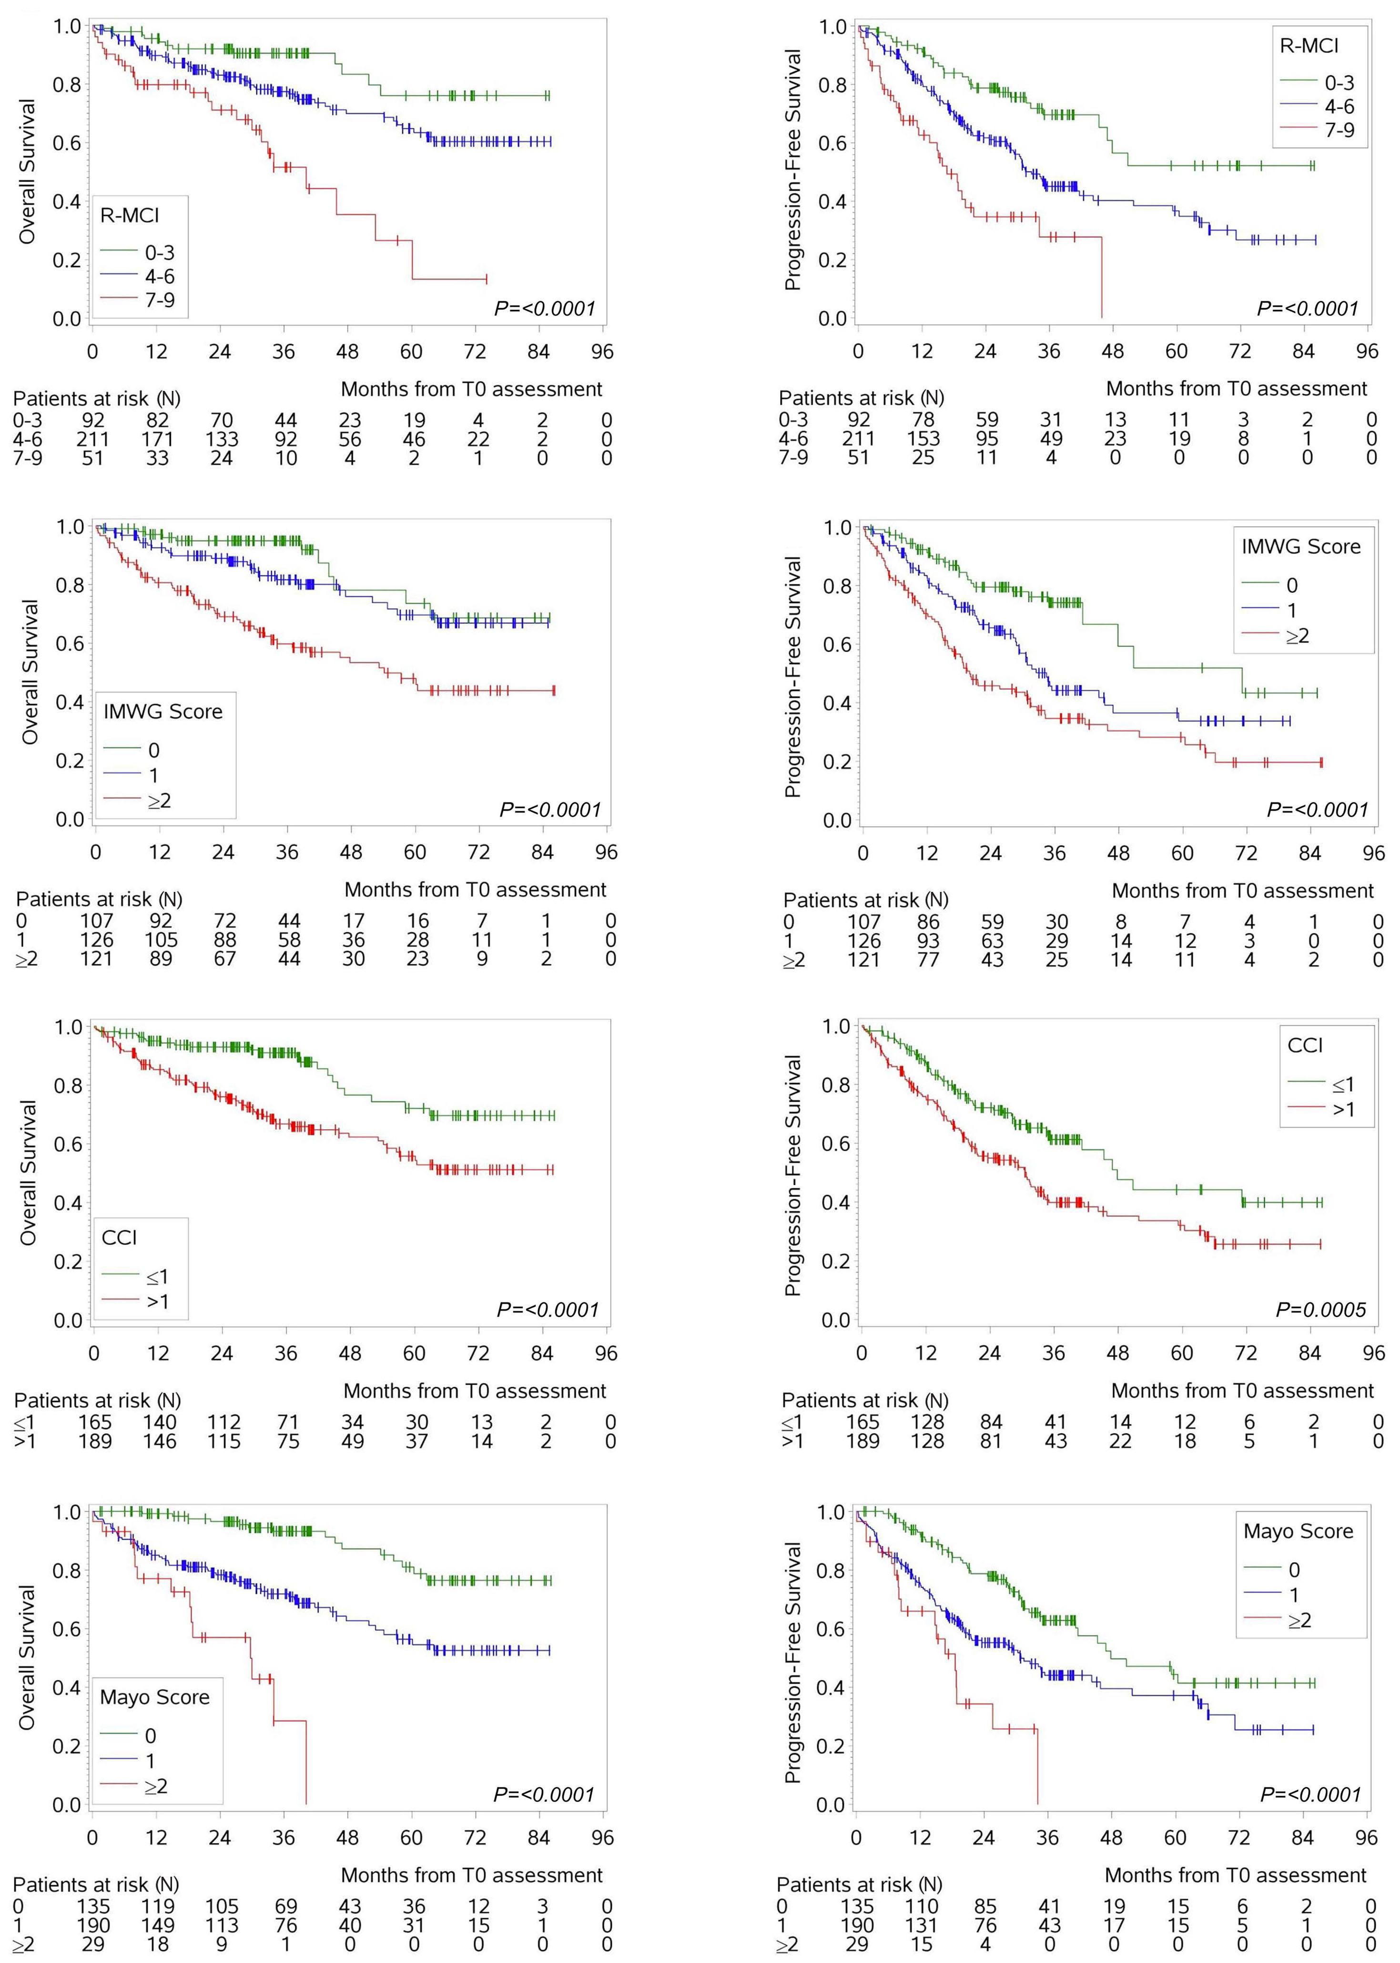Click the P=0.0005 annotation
[x=1321, y=1310]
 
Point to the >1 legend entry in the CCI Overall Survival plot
[x=157, y=1301]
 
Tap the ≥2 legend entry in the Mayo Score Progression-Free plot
[x=1299, y=1621]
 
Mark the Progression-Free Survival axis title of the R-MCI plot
[x=793, y=170]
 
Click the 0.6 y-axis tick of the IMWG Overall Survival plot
[x=69, y=644]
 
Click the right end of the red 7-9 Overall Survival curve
[x=486, y=278]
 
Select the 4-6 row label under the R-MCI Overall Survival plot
[x=28, y=439]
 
